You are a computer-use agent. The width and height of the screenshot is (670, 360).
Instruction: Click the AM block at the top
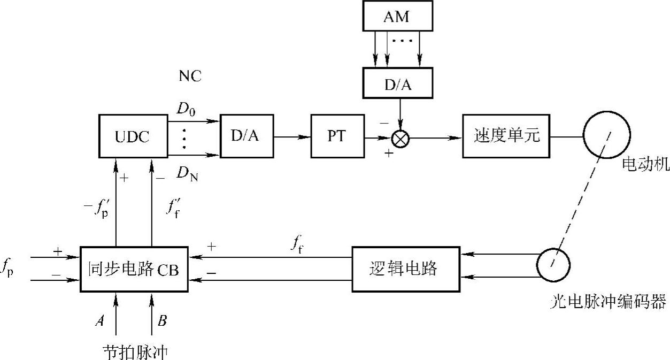pyautogui.click(x=396, y=17)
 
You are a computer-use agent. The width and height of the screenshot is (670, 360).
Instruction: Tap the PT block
pyautogui.click(x=337, y=137)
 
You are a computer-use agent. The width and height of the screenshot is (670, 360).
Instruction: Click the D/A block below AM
pyautogui.click(x=396, y=83)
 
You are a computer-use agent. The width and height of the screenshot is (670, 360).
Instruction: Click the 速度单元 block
pyautogui.click(x=506, y=137)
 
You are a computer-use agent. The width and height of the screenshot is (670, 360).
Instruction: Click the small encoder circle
pyautogui.click(x=553, y=265)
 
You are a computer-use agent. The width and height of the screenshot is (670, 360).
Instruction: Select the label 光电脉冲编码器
pyautogui.click(x=608, y=303)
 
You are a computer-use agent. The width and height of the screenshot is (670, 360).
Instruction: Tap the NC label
pyautogui.click(x=190, y=76)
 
